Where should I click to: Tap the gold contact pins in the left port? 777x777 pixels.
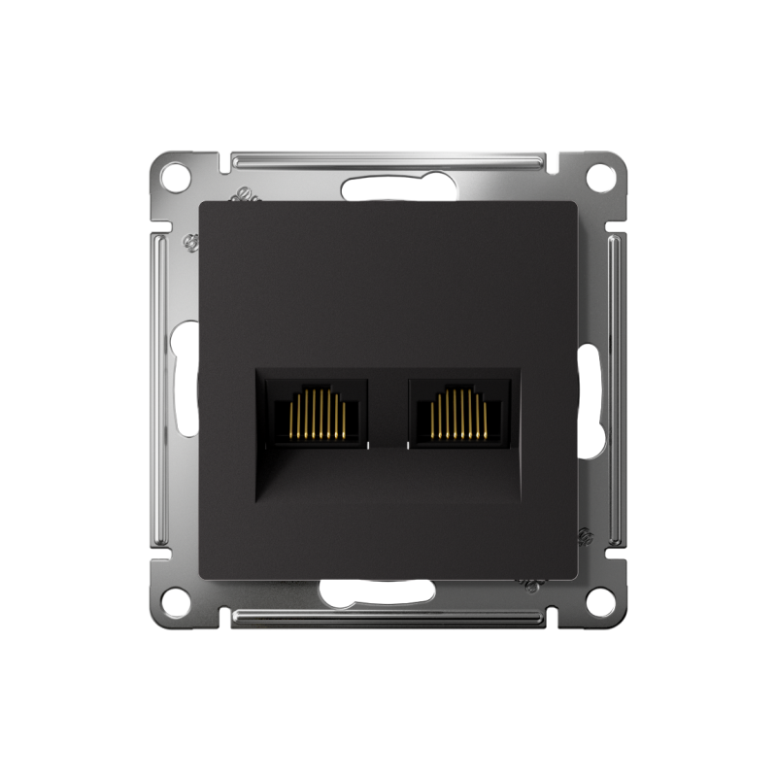[x=318, y=415]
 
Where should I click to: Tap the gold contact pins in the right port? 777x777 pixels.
[x=459, y=415]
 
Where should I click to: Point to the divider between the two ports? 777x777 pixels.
[x=388, y=408]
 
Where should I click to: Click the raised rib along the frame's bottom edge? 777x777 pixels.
[x=388, y=617]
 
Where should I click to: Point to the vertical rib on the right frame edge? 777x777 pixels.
[x=616, y=388]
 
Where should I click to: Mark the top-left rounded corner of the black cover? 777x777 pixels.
[x=204, y=205]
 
